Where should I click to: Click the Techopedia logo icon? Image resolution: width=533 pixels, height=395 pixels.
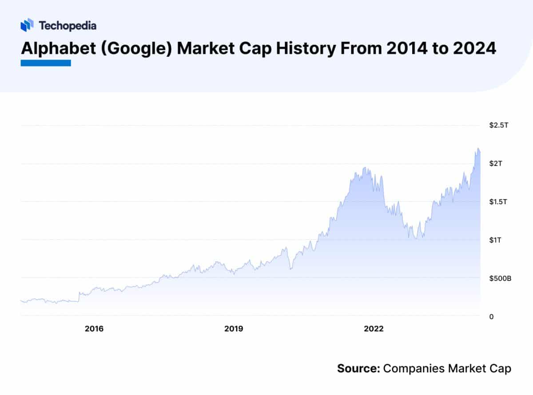click(x=27, y=25)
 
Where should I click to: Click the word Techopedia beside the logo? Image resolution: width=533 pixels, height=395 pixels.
click(x=68, y=25)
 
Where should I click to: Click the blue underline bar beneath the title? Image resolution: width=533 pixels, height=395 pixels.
click(x=46, y=63)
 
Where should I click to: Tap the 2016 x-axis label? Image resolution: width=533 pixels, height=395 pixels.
click(x=94, y=329)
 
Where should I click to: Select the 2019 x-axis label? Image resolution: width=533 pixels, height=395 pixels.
click(x=234, y=329)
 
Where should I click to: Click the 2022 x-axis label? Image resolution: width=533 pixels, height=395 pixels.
click(x=374, y=329)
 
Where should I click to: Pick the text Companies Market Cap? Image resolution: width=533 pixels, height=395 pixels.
click(x=447, y=368)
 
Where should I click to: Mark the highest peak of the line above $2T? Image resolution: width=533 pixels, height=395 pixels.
click(x=478, y=148)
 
